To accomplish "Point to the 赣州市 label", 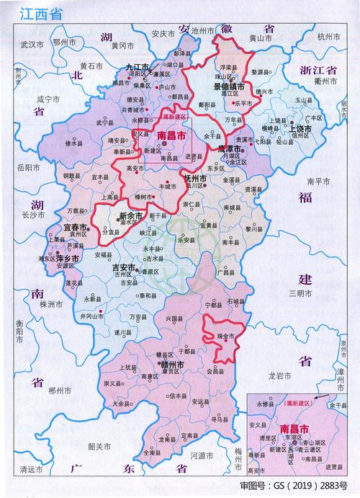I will (177, 366).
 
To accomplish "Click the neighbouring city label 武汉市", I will (32, 44).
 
